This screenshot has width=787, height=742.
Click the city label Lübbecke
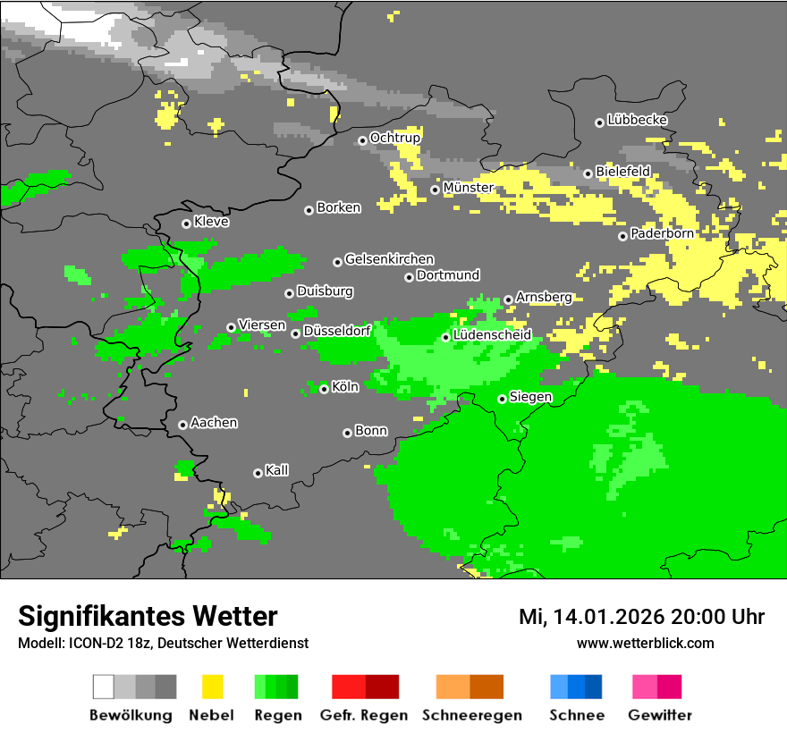point(637,120)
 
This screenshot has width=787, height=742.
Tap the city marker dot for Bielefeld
point(588,173)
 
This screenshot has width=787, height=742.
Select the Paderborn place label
point(662,233)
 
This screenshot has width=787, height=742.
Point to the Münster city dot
point(435,190)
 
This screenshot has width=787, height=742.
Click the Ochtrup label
point(394,138)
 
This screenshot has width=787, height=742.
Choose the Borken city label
point(338,207)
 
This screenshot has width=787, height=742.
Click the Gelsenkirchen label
point(389,259)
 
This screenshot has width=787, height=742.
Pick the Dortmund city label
point(448,275)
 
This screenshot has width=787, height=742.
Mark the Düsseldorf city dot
point(295,334)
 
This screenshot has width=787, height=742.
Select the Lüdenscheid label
point(492,334)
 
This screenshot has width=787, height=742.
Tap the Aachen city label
point(214,422)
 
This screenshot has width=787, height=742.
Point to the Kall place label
point(276,470)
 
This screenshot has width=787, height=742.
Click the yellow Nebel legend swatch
point(211,687)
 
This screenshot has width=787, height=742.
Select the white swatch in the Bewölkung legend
point(103,687)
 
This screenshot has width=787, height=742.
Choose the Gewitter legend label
point(659,715)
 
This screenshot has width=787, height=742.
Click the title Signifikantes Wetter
point(148,616)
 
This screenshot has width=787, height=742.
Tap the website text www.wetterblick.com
point(645,643)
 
